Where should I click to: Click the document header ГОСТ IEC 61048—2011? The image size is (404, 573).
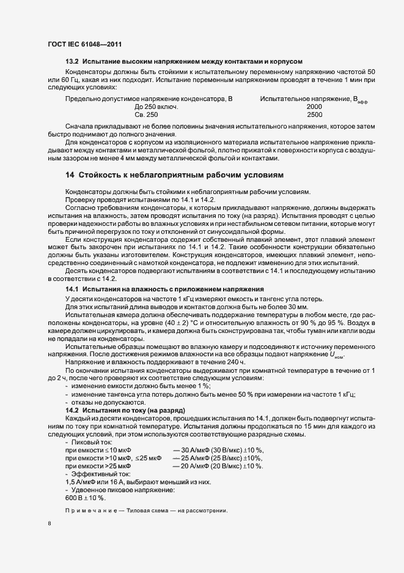click(x=86, y=45)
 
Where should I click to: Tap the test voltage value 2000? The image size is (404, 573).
click(x=314, y=107)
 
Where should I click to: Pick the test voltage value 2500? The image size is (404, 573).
click(x=314, y=114)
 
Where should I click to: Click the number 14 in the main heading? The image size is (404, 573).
click(x=70, y=175)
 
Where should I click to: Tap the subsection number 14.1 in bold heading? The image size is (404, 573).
click(x=72, y=288)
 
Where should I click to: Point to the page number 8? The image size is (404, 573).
click(x=49, y=524)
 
